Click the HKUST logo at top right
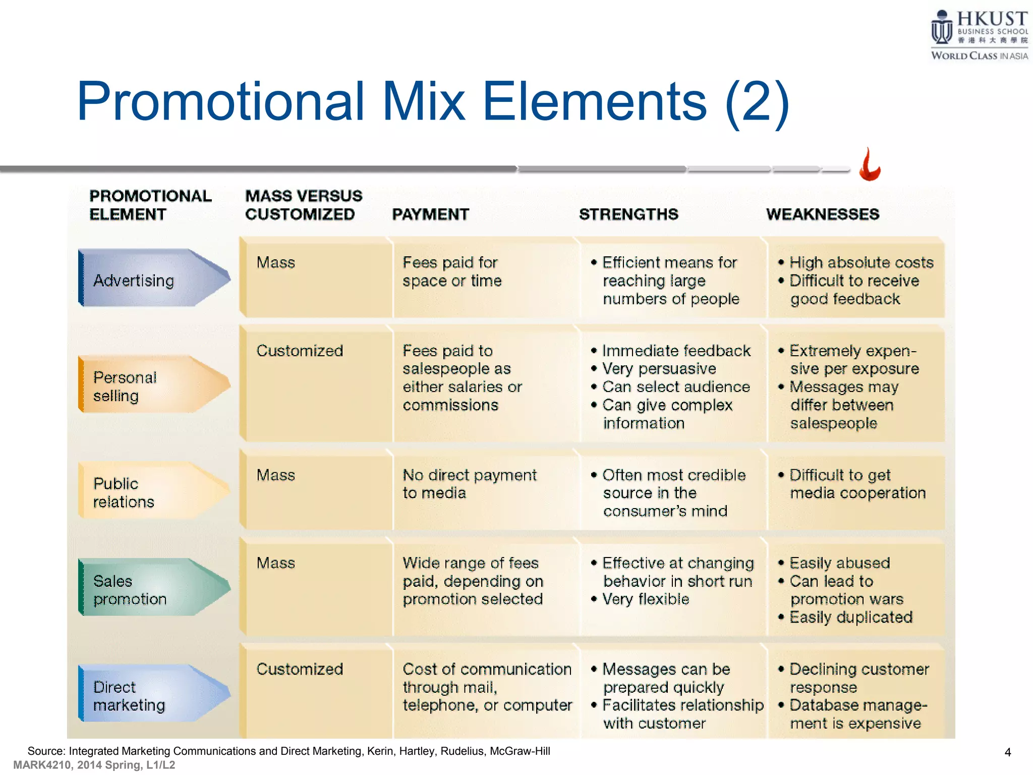coord(979,34)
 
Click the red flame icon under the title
coord(870,165)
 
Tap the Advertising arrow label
coord(134,280)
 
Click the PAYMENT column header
coord(430,214)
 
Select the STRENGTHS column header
coord(628,214)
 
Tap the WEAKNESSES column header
coord(823,214)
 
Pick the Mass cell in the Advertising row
coord(275,262)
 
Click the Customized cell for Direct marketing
coord(300,669)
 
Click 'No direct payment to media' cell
coord(469,483)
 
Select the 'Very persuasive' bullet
coord(659,369)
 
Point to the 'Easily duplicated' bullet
coord(850,617)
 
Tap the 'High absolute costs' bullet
coord(861,262)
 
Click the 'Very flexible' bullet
coord(646,599)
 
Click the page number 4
coord(1007,752)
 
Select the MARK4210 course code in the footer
coord(42,765)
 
